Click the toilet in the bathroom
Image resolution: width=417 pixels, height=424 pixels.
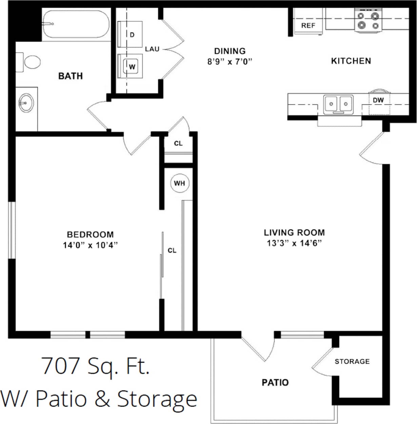pyautogui.click(x=29, y=62)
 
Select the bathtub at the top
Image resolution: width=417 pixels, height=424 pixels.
pyautogui.click(x=75, y=24)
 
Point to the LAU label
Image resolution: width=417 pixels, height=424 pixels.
pyautogui.click(x=152, y=49)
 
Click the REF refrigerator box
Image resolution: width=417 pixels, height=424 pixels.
pyautogui.click(x=308, y=25)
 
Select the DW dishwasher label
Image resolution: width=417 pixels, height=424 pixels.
pyautogui.click(x=378, y=100)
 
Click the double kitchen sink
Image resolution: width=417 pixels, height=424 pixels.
pyautogui.click(x=338, y=103)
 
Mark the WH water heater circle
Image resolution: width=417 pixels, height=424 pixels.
pyautogui.click(x=179, y=183)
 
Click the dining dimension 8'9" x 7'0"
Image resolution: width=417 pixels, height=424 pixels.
pyautogui.click(x=230, y=62)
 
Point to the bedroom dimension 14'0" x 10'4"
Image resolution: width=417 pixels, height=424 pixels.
pyautogui.click(x=90, y=245)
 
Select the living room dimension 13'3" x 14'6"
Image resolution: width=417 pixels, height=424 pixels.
pyautogui.click(x=294, y=243)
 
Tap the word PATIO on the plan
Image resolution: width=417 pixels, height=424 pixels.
pyautogui.click(x=275, y=383)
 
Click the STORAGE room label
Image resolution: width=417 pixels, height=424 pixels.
pyautogui.click(x=352, y=362)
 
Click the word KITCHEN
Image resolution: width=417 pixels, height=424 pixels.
pyautogui.click(x=351, y=61)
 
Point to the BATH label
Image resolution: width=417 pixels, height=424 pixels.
pyautogui.click(x=71, y=76)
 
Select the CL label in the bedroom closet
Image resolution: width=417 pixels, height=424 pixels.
pyautogui.click(x=172, y=250)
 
